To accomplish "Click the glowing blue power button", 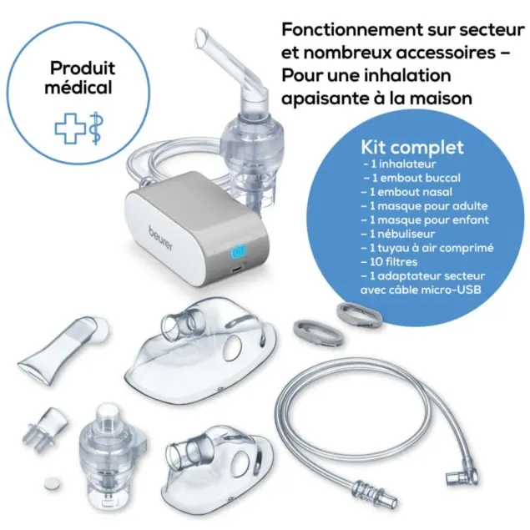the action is pos(239,253).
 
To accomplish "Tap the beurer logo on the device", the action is pos(161,239).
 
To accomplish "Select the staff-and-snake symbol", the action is pos(96,128).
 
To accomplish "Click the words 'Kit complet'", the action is pos(412,148).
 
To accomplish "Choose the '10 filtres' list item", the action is pos(389,262).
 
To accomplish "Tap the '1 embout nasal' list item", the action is pos(406,192).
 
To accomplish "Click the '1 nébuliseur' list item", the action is pos(398,234).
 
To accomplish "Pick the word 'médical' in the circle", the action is pos(78,88).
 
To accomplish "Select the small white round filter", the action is pos(53,482).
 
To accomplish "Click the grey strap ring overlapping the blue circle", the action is pos(360,314).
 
